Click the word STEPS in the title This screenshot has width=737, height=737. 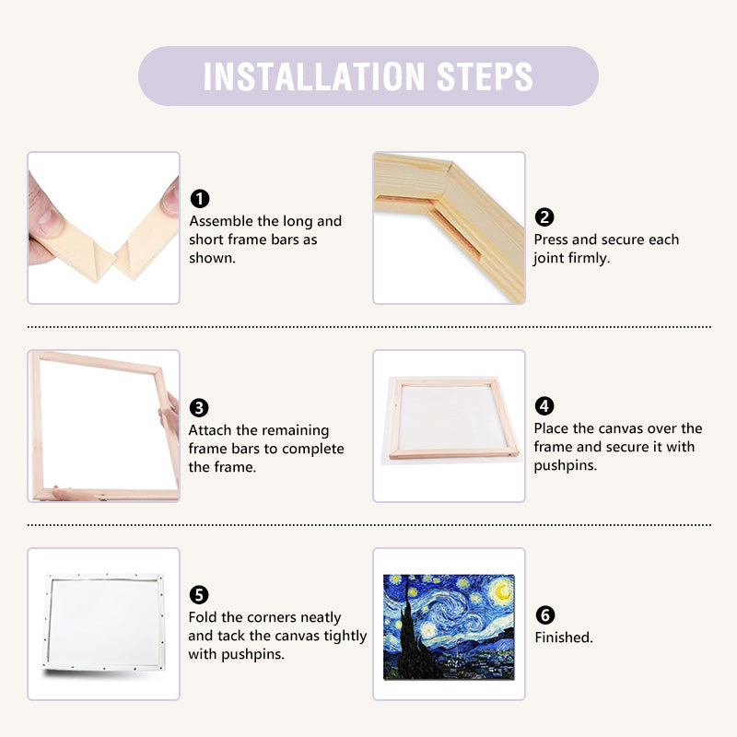click(486, 76)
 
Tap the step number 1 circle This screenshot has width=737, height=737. click(199, 199)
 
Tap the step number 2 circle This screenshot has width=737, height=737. click(544, 217)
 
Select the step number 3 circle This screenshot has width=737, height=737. click(199, 408)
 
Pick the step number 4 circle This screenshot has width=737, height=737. click(544, 406)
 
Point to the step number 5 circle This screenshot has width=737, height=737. click(199, 595)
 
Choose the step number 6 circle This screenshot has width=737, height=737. click(544, 615)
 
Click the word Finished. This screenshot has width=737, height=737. click(564, 638)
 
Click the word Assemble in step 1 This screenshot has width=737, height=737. click(221, 221)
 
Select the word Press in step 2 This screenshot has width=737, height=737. click(553, 240)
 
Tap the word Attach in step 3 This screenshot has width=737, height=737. click(210, 430)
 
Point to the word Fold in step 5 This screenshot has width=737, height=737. click(204, 617)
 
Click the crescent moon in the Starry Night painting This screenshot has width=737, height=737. click(501, 589)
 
